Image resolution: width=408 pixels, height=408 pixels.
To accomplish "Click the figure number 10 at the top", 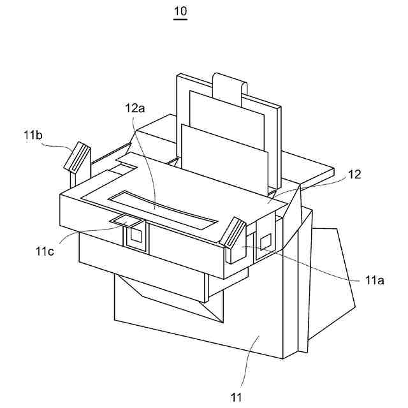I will tap(180, 11).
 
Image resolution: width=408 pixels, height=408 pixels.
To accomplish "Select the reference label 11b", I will tap(34, 135).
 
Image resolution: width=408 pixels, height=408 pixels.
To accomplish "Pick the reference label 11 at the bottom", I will tap(237, 398).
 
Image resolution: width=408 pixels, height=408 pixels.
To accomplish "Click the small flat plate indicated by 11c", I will tap(126, 221).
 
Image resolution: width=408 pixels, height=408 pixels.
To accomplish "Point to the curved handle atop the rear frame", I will tap(229, 83).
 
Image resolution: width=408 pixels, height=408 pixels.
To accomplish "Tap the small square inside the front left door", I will tap(135, 237).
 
